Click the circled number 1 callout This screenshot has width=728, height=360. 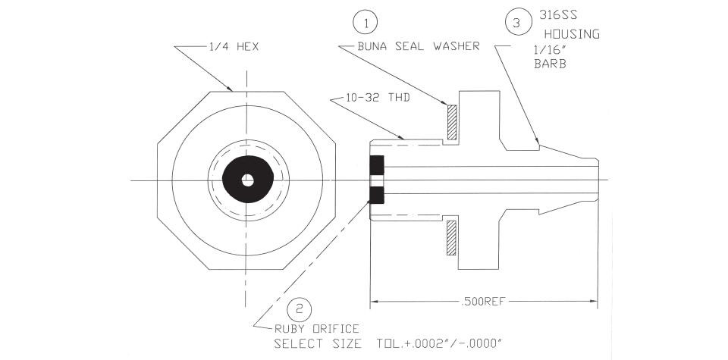click(365, 23)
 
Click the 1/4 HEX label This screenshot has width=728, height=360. click(232, 47)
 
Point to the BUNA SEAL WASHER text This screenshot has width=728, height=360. click(419, 46)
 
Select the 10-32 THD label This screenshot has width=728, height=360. click(378, 98)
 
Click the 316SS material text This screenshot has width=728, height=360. click(558, 15)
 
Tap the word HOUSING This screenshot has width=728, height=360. click(572, 34)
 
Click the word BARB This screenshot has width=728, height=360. click(551, 64)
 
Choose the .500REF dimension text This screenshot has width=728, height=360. click(483, 302)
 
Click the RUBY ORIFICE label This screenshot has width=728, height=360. click(317, 329)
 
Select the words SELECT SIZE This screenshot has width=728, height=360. click(318, 344)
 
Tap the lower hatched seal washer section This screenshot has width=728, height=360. click(452, 238)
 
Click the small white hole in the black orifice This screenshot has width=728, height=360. click(247, 180)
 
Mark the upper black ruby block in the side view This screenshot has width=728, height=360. click(377, 164)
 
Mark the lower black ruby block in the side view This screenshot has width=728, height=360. click(377, 195)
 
